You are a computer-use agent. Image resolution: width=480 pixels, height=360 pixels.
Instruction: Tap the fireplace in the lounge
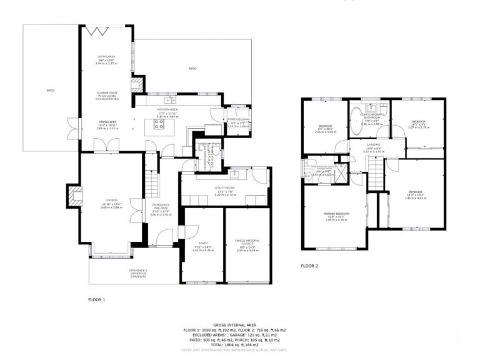(74, 195)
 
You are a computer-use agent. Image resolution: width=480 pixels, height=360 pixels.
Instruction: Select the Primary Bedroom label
(336, 217)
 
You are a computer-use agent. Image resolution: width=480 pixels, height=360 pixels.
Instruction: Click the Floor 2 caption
(309, 266)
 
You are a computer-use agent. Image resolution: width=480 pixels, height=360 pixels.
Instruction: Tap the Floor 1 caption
(97, 299)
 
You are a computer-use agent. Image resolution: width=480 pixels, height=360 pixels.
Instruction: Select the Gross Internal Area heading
(234, 325)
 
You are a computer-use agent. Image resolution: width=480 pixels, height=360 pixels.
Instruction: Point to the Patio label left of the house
(50, 91)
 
